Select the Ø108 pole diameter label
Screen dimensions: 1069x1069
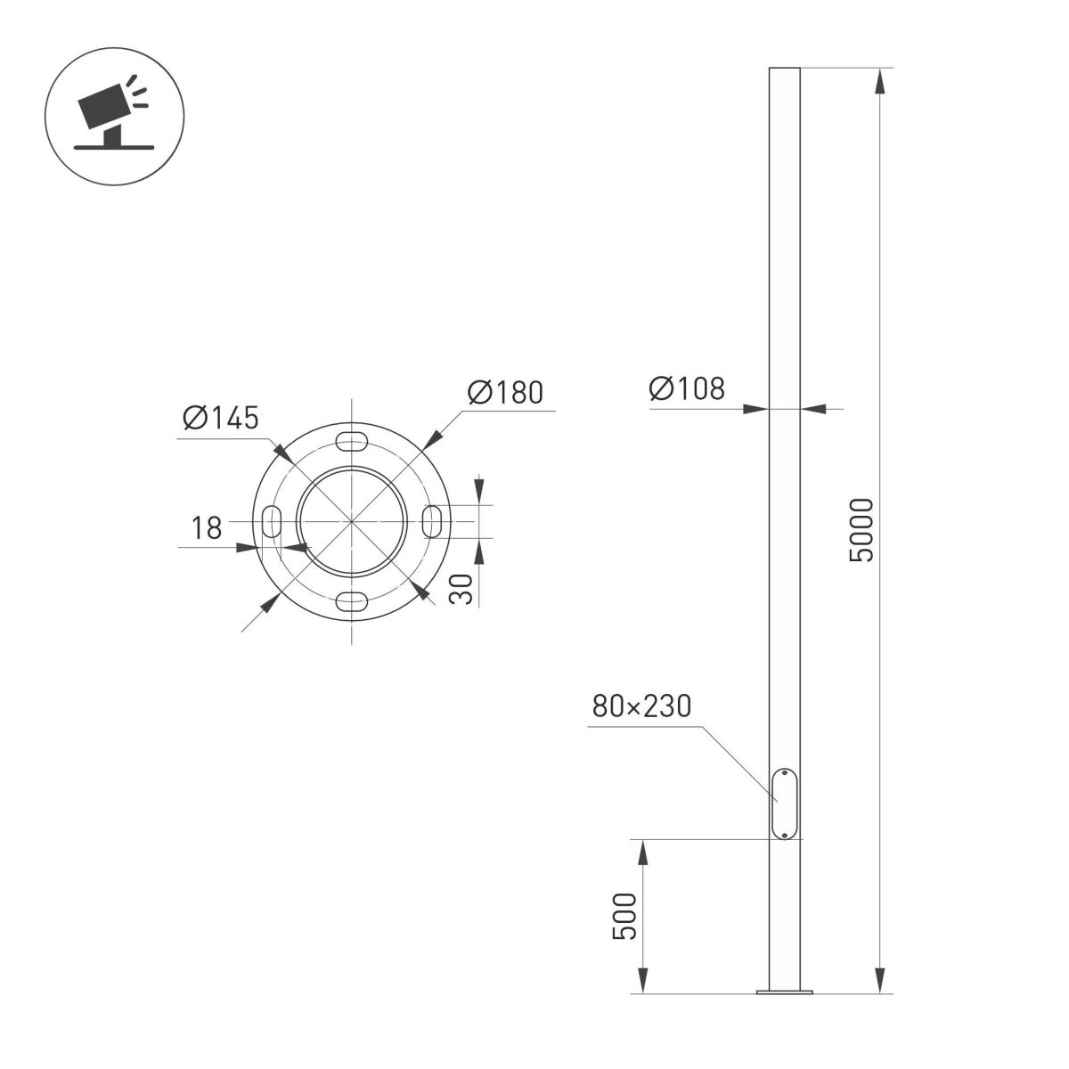[687, 388]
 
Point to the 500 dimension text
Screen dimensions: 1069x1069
[625, 915]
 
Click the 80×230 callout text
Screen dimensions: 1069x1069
[641, 706]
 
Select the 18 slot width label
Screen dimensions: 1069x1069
[207, 528]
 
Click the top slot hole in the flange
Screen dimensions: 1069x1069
[353, 440]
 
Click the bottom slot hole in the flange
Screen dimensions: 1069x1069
[353, 600]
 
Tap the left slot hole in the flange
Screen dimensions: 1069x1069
[272, 520]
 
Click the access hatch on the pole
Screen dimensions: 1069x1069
[785, 804]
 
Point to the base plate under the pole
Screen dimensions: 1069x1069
[785, 991]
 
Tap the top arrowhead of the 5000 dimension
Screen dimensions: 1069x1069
[880, 80]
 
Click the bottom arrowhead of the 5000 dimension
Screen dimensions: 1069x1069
[880, 980]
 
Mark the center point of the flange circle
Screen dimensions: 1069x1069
[353, 520]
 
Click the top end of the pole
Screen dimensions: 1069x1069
[785, 69]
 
